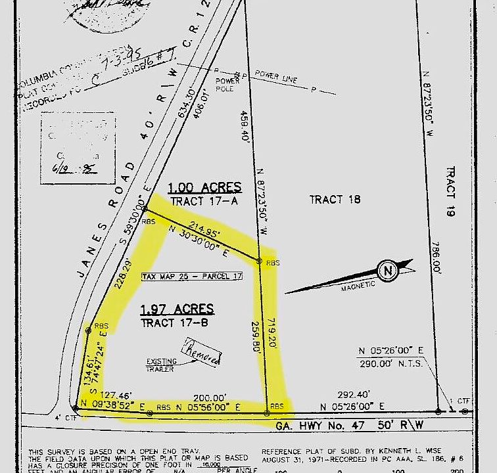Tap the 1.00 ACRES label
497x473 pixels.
click(204, 187)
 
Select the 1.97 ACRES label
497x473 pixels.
click(177, 309)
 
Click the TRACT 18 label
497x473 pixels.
click(335, 200)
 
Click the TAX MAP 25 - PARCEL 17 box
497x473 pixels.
click(191, 277)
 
